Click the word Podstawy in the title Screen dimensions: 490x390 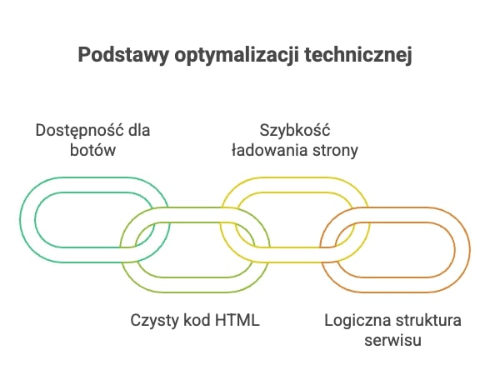coord(123,55)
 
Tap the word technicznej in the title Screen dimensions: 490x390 coord(358,55)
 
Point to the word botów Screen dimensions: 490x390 coord(92,150)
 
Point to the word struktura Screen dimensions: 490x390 coord(428,321)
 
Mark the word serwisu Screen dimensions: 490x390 coord(392,340)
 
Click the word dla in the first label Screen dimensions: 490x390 coord(139,130)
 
